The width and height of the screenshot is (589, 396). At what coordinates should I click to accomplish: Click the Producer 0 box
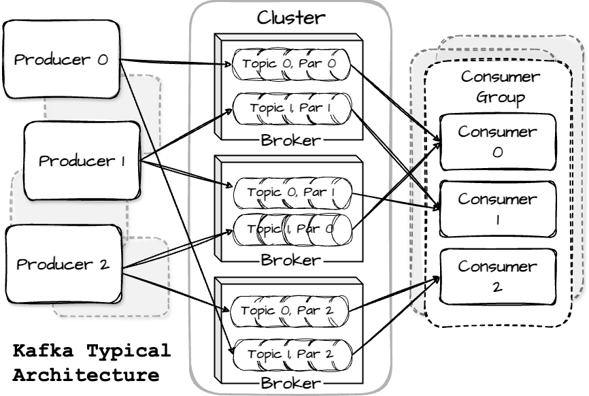[x=61, y=59]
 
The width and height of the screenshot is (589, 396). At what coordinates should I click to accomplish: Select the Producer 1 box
[x=82, y=161]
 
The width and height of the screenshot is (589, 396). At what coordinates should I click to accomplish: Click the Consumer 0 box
[x=497, y=142]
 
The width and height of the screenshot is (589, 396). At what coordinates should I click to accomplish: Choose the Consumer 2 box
[x=497, y=276]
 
